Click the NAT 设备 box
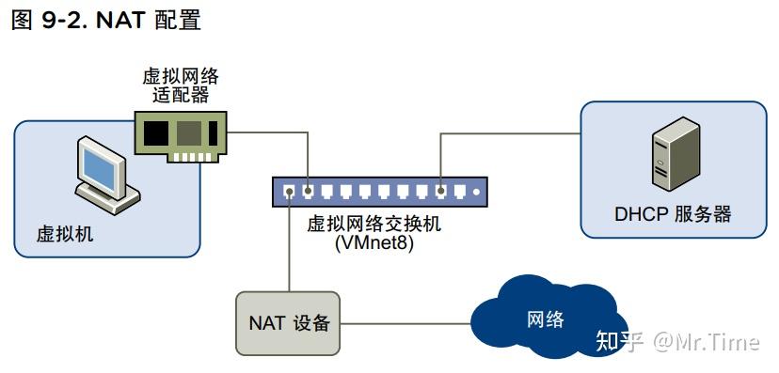pos(288,323)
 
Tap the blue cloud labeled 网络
pos(546,318)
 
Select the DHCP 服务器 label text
pos(673,214)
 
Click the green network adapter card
pos(179,133)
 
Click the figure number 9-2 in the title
pos(63,20)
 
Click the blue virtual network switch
pos(381,193)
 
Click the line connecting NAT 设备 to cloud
pos(405,324)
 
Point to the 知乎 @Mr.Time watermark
pos(677,341)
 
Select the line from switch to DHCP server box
pos(508,133)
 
